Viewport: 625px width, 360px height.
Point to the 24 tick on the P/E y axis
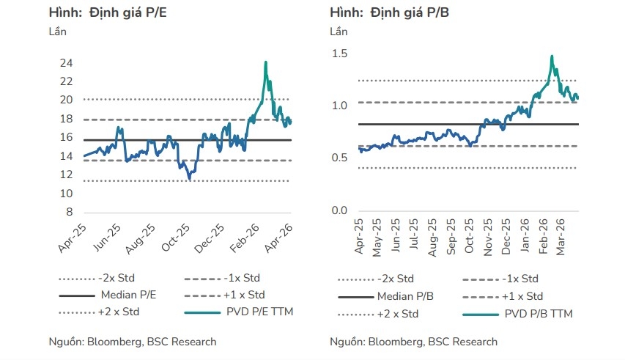coord(67,63)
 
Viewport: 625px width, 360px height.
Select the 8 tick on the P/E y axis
coord(70,213)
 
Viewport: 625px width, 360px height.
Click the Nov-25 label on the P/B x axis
coord(487,236)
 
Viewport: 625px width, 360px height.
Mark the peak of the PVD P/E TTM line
coord(265,62)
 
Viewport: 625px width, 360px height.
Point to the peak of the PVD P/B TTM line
coord(551,56)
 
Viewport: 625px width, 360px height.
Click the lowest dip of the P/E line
coord(190,179)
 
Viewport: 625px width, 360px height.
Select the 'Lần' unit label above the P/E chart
coord(58,32)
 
